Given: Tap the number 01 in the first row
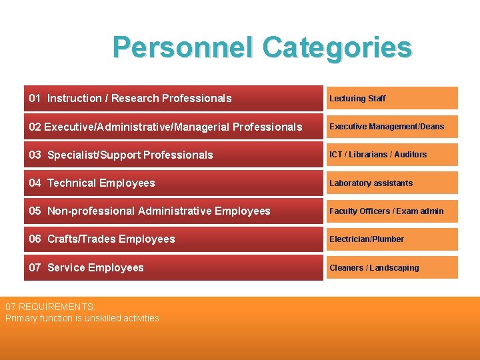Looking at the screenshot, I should click(x=35, y=98).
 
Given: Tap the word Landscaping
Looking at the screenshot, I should click(x=394, y=268).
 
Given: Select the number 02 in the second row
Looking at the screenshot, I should click(x=35, y=127).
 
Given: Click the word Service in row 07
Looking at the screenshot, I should click(x=66, y=267).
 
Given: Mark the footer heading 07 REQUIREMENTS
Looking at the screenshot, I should click(x=50, y=307).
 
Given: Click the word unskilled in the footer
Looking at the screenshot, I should click(x=103, y=318).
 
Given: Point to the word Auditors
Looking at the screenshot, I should click(x=410, y=155).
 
